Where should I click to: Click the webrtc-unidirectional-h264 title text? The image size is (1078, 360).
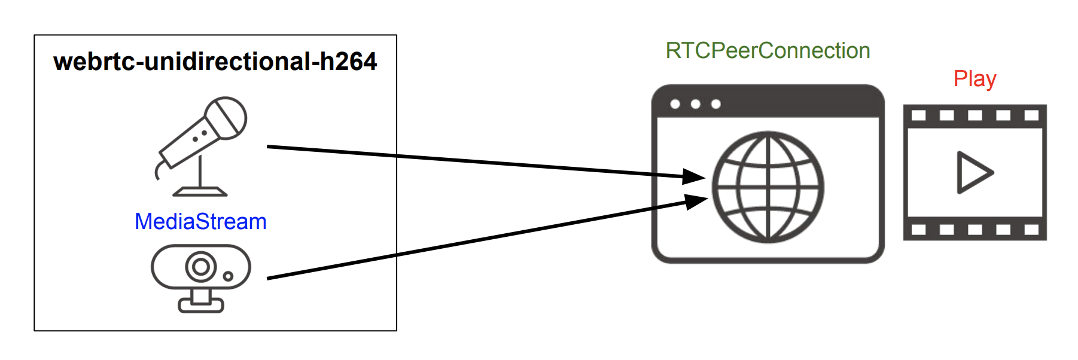click(x=215, y=62)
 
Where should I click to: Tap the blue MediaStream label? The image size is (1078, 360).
click(x=200, y=222)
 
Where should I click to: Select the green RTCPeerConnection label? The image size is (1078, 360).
click(x=768, y=51)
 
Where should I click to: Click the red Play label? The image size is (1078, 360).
click(x=975, y=79)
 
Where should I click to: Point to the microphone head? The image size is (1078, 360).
click(x=226, y=118)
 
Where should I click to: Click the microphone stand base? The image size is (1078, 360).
click(x=200, y=192)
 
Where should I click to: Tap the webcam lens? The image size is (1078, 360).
click(x=201, y=267)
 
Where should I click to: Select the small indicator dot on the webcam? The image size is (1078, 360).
click(x=228, y=276)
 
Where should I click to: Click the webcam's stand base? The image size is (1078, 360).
click(x=201, y=306)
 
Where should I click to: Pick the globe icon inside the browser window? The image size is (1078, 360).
click(x=768, y=187)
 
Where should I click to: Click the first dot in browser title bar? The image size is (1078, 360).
click(x=675, y=104)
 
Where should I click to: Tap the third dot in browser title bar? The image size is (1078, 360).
click(x=715, y=104)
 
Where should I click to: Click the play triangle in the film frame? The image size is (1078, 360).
click(x=973, y=173)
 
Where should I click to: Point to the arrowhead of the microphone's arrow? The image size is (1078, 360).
click(x=694, y=176)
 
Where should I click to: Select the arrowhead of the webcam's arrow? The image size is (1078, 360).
click(x=695, y=202)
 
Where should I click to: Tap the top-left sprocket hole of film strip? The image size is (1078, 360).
click(x=918, y=115)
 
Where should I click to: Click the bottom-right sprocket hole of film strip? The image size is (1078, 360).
click(x=1031, y=230)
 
